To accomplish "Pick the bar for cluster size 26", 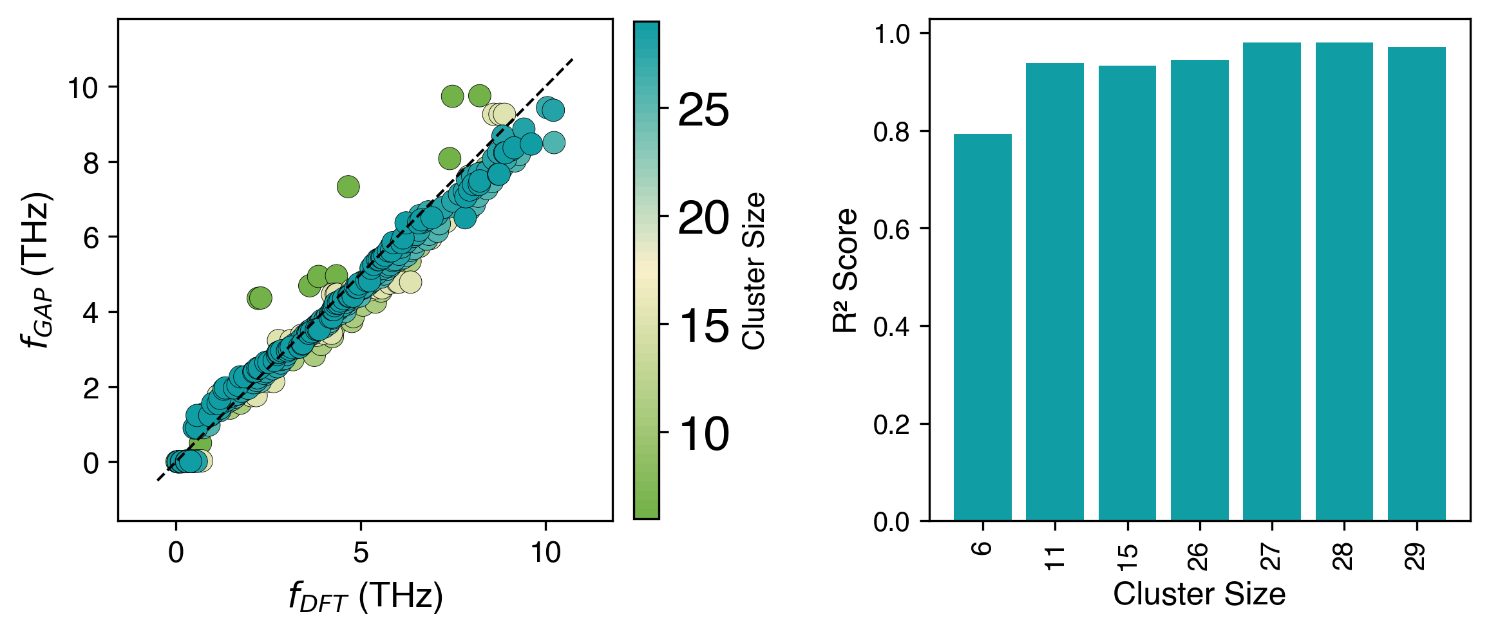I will [x=1199, y=290].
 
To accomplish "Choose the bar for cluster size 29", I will [x=1416, y=284].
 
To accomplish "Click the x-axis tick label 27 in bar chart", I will [x=1272, y=556].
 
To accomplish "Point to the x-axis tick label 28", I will [x=1344, y=556].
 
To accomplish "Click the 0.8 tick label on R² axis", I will [x=891, y=132].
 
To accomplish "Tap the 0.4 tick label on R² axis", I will [x=891, y=327].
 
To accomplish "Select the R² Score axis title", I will [x=846, y=270].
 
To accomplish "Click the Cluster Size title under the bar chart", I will [x=1199, y=594].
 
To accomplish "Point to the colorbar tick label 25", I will [x=703, y=110].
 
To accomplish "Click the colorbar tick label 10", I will [x=703, y=434].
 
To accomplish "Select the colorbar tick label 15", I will [x=703, y=326].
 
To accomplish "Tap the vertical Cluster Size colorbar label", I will [x=754, y=270].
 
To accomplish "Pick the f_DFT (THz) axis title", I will [x=365, y=596].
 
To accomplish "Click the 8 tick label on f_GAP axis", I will [x=91, y=163].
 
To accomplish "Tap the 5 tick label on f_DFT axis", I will [x=361, y=552].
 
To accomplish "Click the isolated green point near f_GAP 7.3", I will [x=348, y=187].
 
